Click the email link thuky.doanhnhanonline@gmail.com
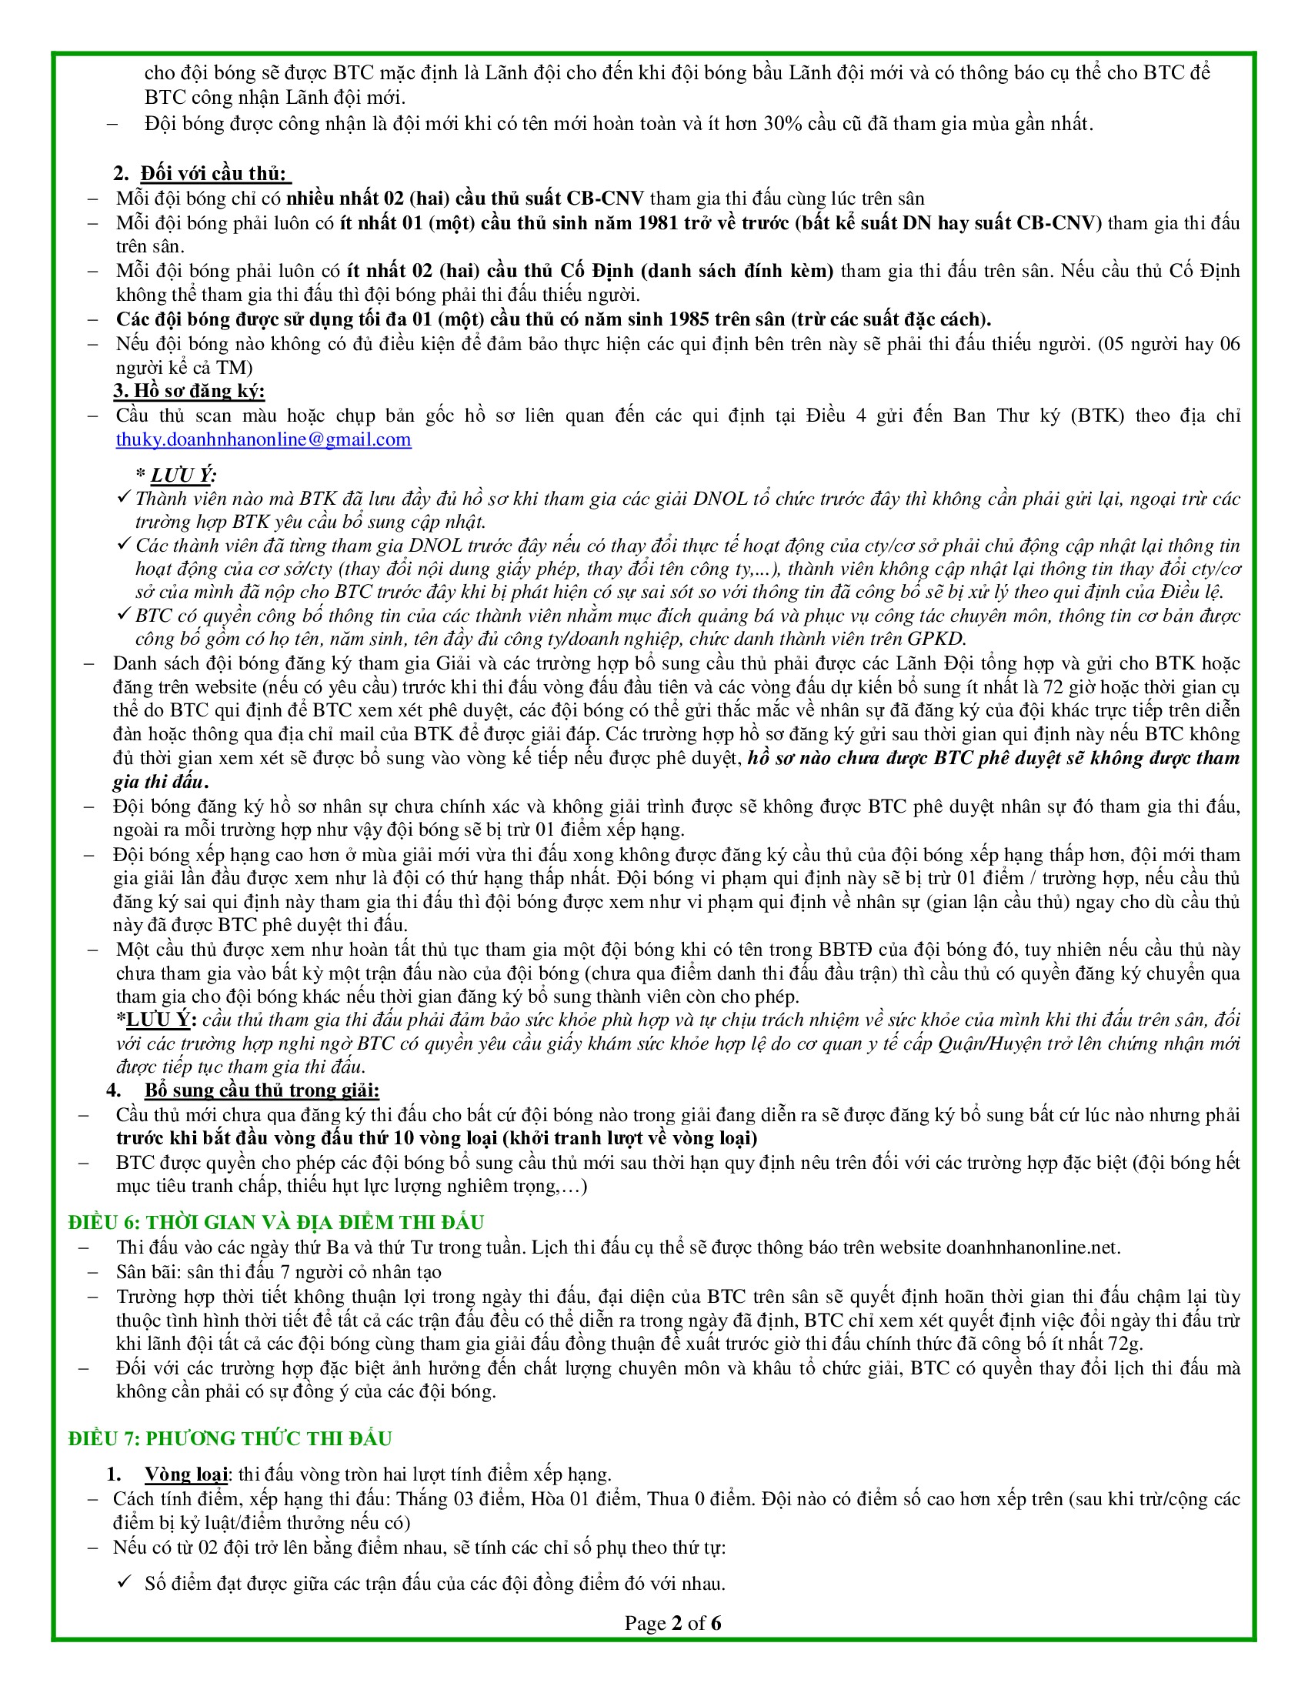pos(263,439)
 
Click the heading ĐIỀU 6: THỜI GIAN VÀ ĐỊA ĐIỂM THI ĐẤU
pos(276,1223)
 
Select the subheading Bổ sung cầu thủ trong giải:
pos(262,1090)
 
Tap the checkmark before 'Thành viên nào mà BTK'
pos(123,497)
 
